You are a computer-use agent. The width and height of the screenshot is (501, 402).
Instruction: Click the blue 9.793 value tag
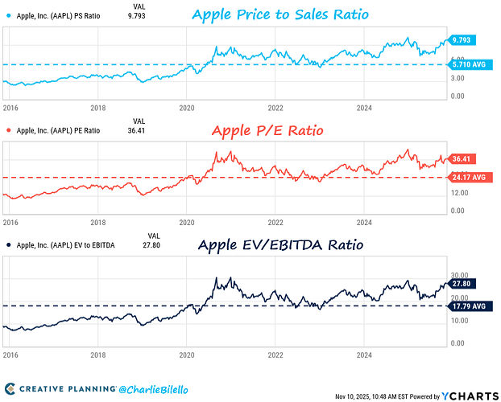tap(462, 40)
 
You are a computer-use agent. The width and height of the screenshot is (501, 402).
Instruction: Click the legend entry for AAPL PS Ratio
tap(60, 14)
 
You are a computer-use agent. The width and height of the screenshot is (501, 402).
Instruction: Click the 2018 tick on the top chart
tap(97, 107)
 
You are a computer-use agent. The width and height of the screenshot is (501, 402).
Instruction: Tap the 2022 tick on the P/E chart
tap(275, 222)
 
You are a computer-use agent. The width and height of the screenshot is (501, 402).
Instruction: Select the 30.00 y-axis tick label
tap(458, 274)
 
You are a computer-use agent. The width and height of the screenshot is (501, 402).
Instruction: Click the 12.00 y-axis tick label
tap(458, 193)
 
